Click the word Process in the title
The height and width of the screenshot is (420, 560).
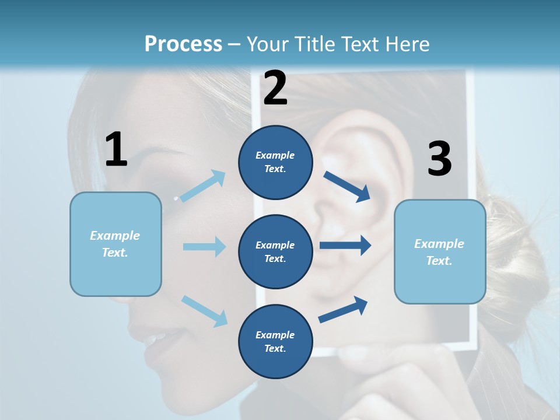[183, 44]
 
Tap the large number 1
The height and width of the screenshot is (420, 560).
[116, 149]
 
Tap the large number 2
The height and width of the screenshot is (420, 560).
[275, 88]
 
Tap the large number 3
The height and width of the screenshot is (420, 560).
[439, 159]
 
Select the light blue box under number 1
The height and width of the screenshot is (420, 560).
[116, 244]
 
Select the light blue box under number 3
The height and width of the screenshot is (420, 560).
[440, 251]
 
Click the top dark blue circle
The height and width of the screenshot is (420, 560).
[275, 162]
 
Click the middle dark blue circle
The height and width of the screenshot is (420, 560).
[275, 251]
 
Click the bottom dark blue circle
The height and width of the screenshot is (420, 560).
[275, 341]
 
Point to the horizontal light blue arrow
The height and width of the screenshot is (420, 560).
[204, 247]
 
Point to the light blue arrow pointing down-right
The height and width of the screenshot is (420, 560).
[204, 310]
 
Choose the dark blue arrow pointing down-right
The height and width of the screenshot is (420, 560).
[347, 186]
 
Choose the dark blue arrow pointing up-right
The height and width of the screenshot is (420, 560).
[344, 309]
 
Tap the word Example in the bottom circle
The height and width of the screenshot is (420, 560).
[275, 335]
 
